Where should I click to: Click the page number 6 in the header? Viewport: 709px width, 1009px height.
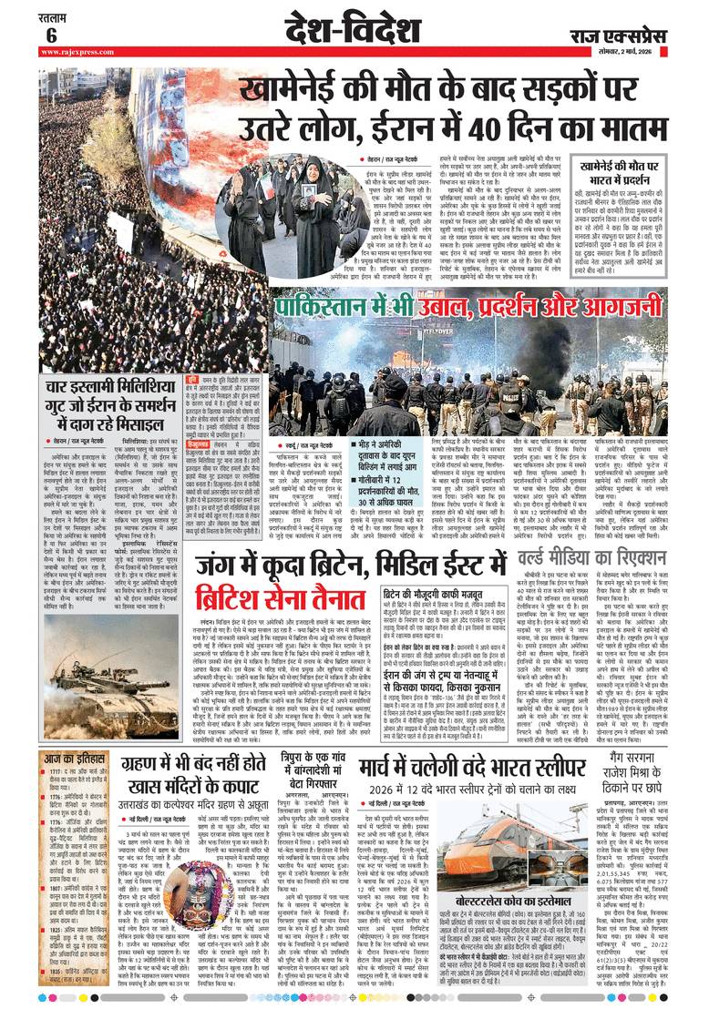51,36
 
